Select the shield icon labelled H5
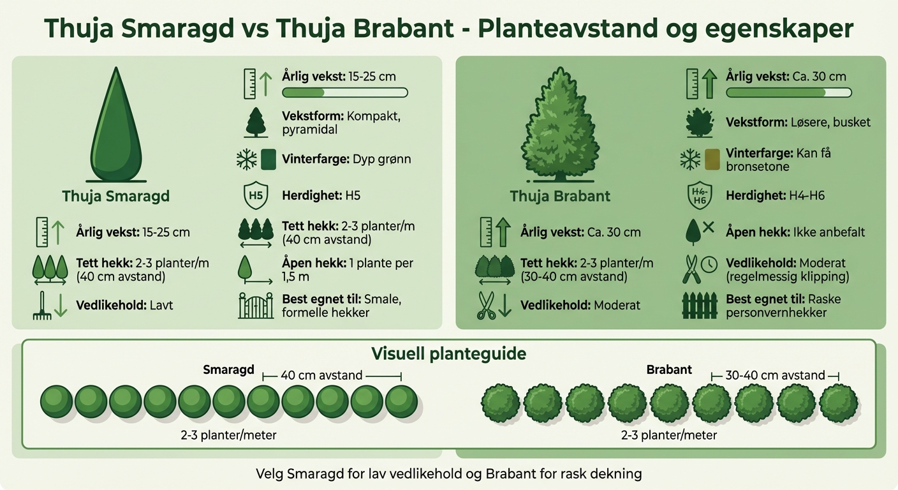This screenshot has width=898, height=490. click(x=255, y=195)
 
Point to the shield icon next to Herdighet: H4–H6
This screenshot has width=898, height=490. click(x=699, y=195)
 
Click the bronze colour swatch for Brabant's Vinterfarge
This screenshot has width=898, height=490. click(x=712, y=159)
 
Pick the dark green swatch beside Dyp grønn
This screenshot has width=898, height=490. click(x=269, y=159)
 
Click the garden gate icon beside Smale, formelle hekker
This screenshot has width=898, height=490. click(x=255, y=306)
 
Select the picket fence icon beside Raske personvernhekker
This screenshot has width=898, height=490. click(x=699, y=306)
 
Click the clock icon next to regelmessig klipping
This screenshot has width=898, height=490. click(x=709, y=264)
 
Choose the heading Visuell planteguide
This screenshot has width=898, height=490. click(x=449, y=354)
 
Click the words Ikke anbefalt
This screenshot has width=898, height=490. click(x=830, y=232)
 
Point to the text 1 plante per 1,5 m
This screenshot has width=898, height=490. click(x=348, y=269)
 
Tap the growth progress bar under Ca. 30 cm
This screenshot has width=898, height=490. click(x=788, y=93)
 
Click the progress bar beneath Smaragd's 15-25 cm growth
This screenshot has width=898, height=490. click(x=344, y=93)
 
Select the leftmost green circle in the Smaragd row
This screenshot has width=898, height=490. click(x=57, y=402)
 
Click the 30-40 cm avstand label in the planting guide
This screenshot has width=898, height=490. click(x=775, y=375)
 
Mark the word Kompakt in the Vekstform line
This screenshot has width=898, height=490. click(x=373, y=117)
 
